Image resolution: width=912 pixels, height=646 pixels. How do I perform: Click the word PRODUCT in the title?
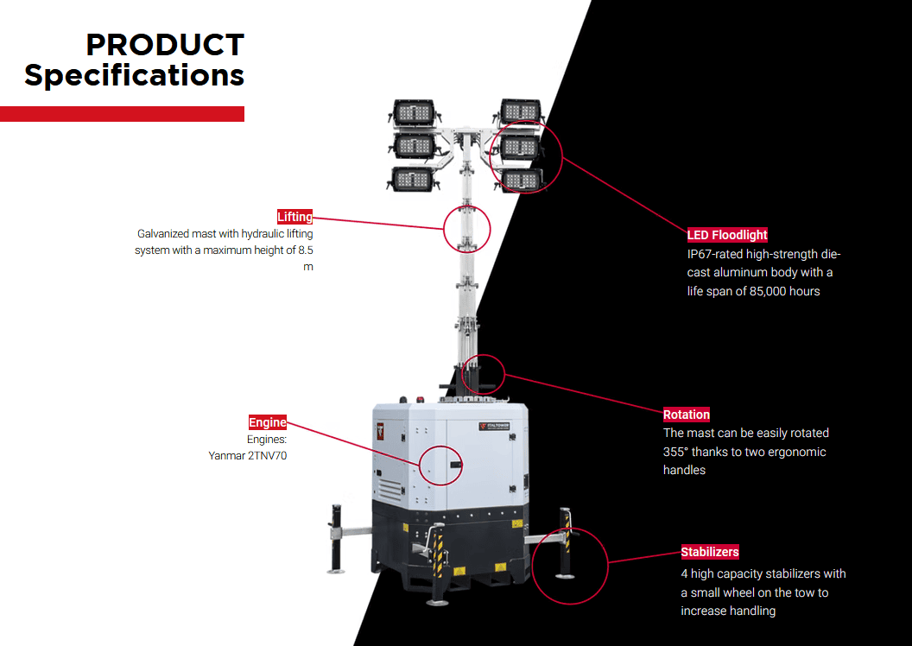pos(165,45)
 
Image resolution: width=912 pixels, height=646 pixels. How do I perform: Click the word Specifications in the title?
pos(135,75)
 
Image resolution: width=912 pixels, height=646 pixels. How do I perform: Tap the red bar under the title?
pos(122,114)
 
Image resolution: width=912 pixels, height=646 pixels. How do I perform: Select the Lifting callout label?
pos(294,217)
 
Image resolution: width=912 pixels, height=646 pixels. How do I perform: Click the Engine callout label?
pos(267,422)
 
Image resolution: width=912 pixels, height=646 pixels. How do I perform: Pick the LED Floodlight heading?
pos(727,235)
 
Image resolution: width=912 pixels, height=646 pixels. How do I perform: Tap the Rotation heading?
pos(687,415)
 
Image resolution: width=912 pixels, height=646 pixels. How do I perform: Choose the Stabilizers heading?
pos(710,552)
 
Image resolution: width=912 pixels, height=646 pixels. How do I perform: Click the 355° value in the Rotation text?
pos(677,452)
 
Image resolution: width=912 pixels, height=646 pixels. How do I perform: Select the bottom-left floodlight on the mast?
pos(412,179)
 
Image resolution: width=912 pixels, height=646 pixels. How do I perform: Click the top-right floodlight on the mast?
pos(520,111)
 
